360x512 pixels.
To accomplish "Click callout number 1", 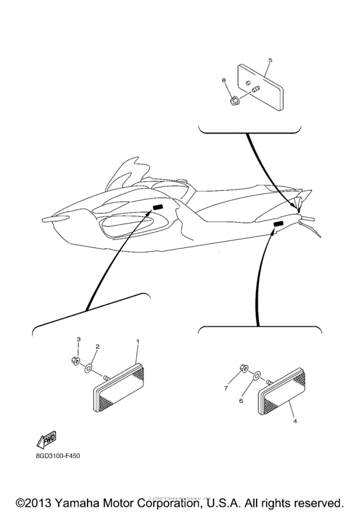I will click(x=136, y=339).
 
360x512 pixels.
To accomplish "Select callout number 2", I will click(x=97, y=346).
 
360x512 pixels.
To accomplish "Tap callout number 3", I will click(x=79, y=339).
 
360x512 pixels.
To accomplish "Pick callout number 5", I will click(x=270, y=60).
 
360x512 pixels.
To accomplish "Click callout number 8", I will click(x=224, y=81).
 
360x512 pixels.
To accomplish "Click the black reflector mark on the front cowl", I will click(x=158, y=207).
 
